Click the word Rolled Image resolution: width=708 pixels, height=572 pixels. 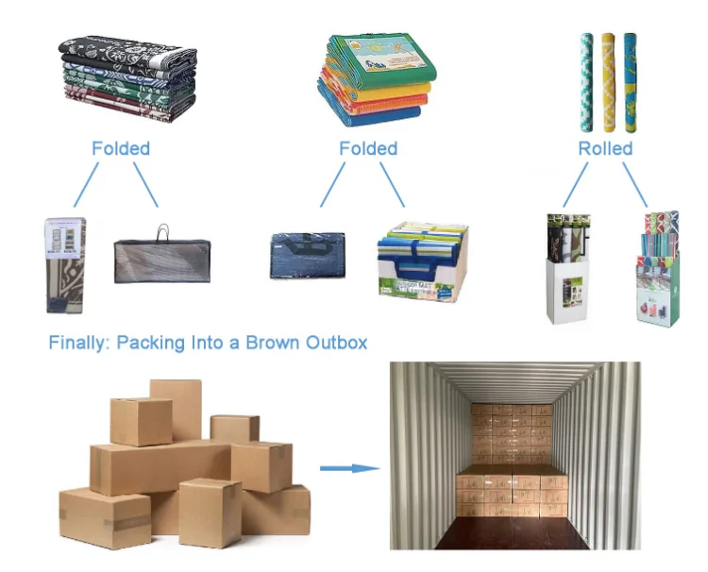pyautogui.click(x=605, y=148)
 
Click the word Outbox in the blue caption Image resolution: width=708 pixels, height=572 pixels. pyautogui.click(x=333, y=342)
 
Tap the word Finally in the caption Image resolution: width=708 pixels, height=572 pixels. pyautogui.click(x=78, y=342)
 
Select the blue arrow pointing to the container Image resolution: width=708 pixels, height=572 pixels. pyautogui.click(x=348, y=466)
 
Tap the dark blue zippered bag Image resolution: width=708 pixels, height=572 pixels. pyautogui.click(x=307, y=255)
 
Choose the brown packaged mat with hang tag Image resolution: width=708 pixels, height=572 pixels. pyautogui.click(x=66, y=264)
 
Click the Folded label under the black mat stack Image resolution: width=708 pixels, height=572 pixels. pyautogui.click(x=120, y=148)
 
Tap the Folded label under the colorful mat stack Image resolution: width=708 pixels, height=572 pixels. pyautogui.click(x=368, y=148)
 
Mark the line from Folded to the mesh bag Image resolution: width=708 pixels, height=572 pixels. pyautogui.click(x=145, y=185)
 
